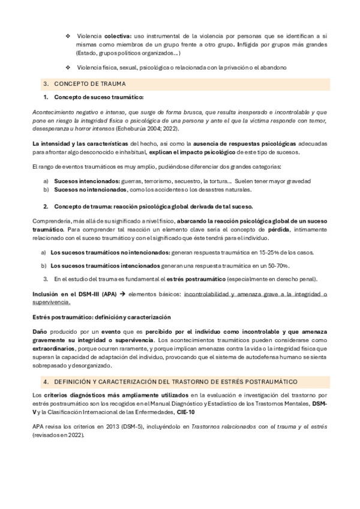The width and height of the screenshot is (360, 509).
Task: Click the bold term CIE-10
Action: pyautogui.click(x=186, y=414)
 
